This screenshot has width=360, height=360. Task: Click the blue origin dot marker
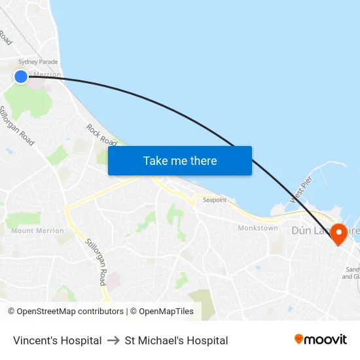[x=21, y=77]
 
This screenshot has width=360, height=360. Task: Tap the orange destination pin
[x=339, y=233]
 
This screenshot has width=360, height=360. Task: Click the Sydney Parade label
[x=38, y=62]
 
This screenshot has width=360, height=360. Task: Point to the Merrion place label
[x=46, y=75]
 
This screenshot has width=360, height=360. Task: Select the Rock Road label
[x=101, y=135]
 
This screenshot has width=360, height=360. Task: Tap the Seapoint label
[x=214, y=200]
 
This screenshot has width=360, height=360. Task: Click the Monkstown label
[x=258, y=228]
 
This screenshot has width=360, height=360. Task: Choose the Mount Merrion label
[x=37, y=230]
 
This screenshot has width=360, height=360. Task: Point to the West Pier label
[x=302, y=190]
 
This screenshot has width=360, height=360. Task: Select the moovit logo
[x=320, y=339]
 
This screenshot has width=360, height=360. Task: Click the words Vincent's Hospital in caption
[x=58, y=340]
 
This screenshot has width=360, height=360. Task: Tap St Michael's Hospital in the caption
[x=176, y=340]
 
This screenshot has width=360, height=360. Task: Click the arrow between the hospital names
[x=113, y=340]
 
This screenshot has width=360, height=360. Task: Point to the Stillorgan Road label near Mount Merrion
[x=95, y=261]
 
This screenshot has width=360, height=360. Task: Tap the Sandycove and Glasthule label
[x=351, y=272]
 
